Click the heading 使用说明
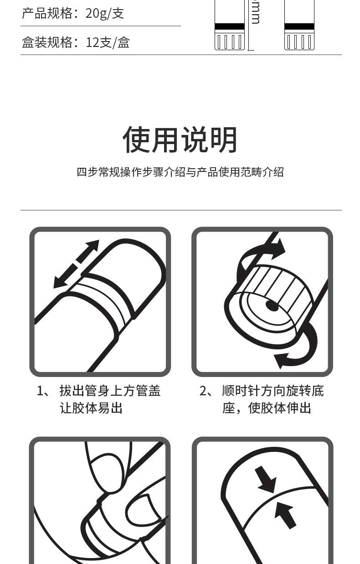180,140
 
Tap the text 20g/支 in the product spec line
105,13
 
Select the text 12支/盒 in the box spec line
108,42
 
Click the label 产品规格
47,13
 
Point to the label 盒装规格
47,42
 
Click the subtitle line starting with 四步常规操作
180,172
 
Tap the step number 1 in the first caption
40,391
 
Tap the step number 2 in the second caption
203,391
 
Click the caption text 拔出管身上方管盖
110,391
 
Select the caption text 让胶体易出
91,408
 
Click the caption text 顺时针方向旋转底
273,391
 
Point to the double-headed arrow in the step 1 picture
77,264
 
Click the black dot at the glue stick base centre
272,306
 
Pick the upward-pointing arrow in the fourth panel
285,514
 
